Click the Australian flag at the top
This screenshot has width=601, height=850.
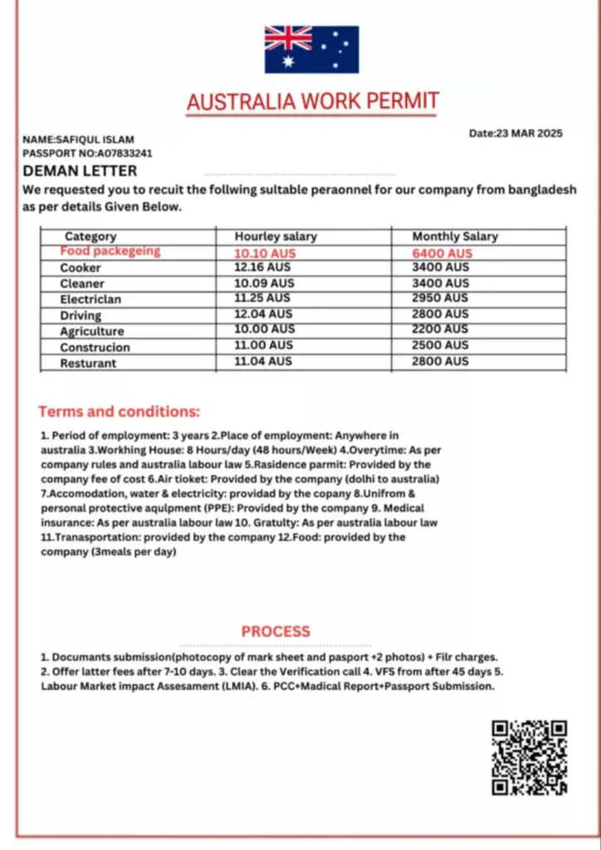coord(311,49)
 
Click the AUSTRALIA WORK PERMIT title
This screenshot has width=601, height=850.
coord(312,102)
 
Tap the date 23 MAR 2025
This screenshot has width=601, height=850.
coord(515,133)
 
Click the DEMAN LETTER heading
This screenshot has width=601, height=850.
coord(80,171)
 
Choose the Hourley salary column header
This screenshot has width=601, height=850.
coord(276,237)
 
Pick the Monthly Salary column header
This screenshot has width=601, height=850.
coord(455,237)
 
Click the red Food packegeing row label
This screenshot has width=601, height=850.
coord(110,251)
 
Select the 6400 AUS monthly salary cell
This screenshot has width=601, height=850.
coord(442,253)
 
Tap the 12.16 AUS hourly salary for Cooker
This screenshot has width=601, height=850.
coord(264,267)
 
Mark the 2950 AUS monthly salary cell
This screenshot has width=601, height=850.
coord(441,298)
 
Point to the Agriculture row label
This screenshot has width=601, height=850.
coord(91,331)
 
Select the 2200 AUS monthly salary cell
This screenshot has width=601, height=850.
coord(441,330)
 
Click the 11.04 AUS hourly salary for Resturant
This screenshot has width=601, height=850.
coord(263,361)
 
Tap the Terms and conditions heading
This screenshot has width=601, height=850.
coord(119,412)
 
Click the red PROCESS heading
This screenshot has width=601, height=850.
coord(276,632)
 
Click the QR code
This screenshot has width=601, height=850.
coord(529,757)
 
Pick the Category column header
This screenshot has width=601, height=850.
coord(90,237)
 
